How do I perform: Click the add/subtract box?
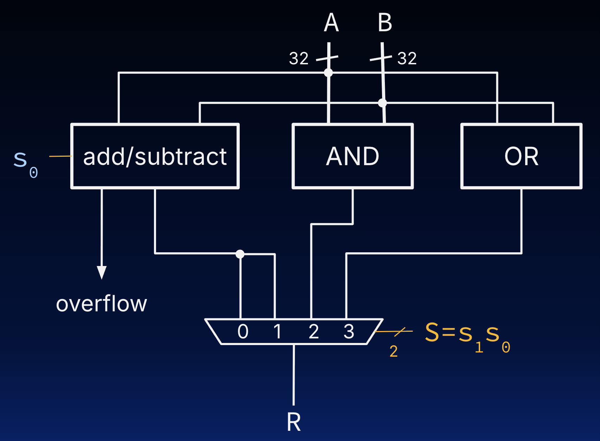(x=155, y=156)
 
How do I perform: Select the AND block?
(x=353, y=156)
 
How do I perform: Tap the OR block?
(x=521, y=156)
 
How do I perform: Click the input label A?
(x=331, y=23)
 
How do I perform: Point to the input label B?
(x=385, y=23)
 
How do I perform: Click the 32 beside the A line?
(x=299, y=58)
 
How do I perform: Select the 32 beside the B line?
(x=407, y=58)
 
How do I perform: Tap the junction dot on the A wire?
(x=328, y=73)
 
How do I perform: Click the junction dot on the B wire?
(x=382, y=103)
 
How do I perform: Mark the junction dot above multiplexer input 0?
(x=240, y=254)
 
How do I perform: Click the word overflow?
(x=102, y=304)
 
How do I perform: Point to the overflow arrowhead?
(x=102, y=272)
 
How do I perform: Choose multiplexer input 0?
(x=243, y=331)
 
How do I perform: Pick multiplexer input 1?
(x=277, y=331)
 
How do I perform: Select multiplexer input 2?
(x=314, y=331)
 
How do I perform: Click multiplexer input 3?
(x=349, y=331)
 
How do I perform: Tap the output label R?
(x=293, y=422)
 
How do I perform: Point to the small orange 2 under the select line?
(x=393, y=351)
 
